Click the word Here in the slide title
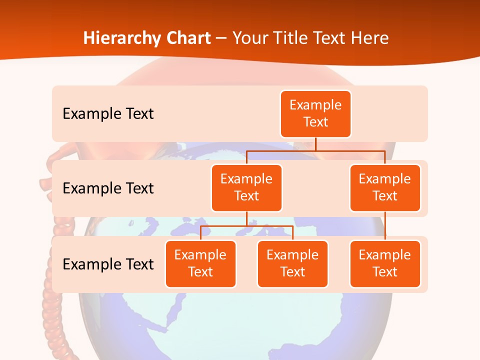370,38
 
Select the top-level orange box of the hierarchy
315,113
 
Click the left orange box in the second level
246,187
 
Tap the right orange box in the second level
385,187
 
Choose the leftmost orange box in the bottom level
200,263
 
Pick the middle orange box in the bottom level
292,263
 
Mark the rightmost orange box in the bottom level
385,263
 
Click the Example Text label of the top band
108,114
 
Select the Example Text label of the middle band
108,188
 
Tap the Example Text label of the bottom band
108,264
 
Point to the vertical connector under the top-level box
315,143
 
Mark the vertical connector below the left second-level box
246,218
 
